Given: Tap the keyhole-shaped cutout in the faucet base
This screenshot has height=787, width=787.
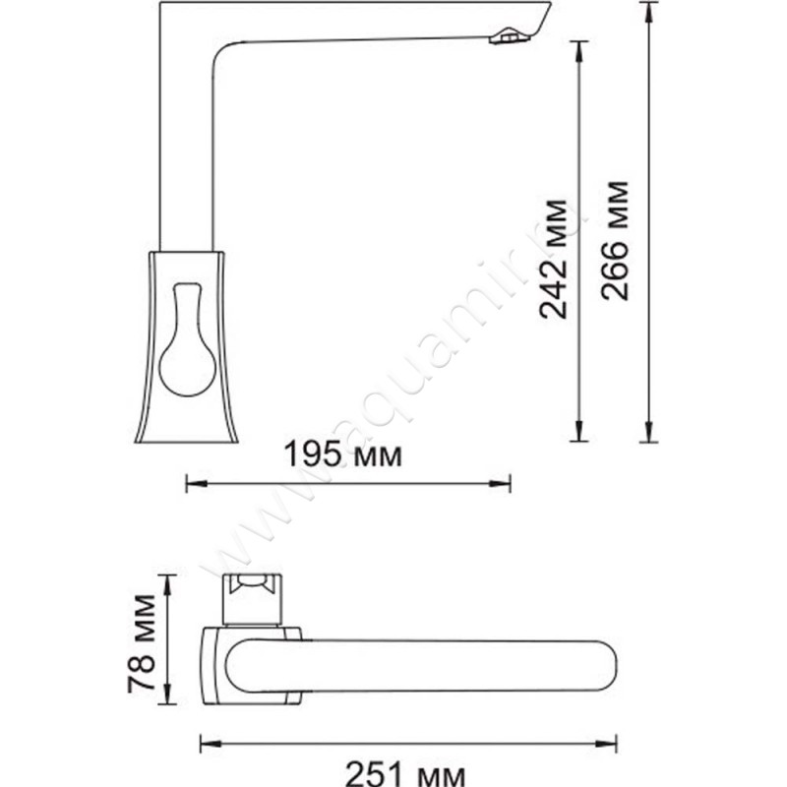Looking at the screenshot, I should coord(185,344).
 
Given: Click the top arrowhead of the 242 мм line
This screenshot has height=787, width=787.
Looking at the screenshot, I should coord(580,47).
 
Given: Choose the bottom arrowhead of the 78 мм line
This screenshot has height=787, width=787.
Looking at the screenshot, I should coord(169,689).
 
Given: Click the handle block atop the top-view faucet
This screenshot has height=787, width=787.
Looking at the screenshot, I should coord(252,598).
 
